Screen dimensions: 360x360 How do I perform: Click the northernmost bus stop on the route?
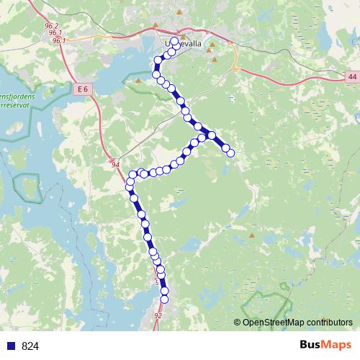pyautogui.click(x=175, y=41)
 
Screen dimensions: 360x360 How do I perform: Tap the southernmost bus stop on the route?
pyautogui.click(x=164, y=298)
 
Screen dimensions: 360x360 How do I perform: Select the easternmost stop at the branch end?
pyautogui.click(x=230, y=153)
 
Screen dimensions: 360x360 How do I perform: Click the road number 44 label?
pyautogui.click(x=351, y=76)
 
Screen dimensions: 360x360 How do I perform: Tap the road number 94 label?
pyautogui.click(x=115, y=165)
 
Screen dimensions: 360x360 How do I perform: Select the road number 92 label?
pyautogui.click(x=158, y=315)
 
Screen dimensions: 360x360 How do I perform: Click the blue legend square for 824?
pyautogui.click(x=10, y=346)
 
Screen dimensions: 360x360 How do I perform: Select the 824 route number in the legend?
pyautogui.click(x=30, y=346)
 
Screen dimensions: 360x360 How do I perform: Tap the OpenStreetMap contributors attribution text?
pyautogui.click(x=297, y=322)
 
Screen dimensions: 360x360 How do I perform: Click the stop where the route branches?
pyautogui.click(x=212, y=135)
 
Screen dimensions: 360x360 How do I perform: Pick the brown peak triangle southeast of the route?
pyautogui.click(x=251, y=235)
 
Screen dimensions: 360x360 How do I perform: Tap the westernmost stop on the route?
pyautogui.click(x=130, y=186)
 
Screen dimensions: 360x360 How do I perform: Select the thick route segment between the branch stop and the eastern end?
pyautogui.click(x=221, y=143)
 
